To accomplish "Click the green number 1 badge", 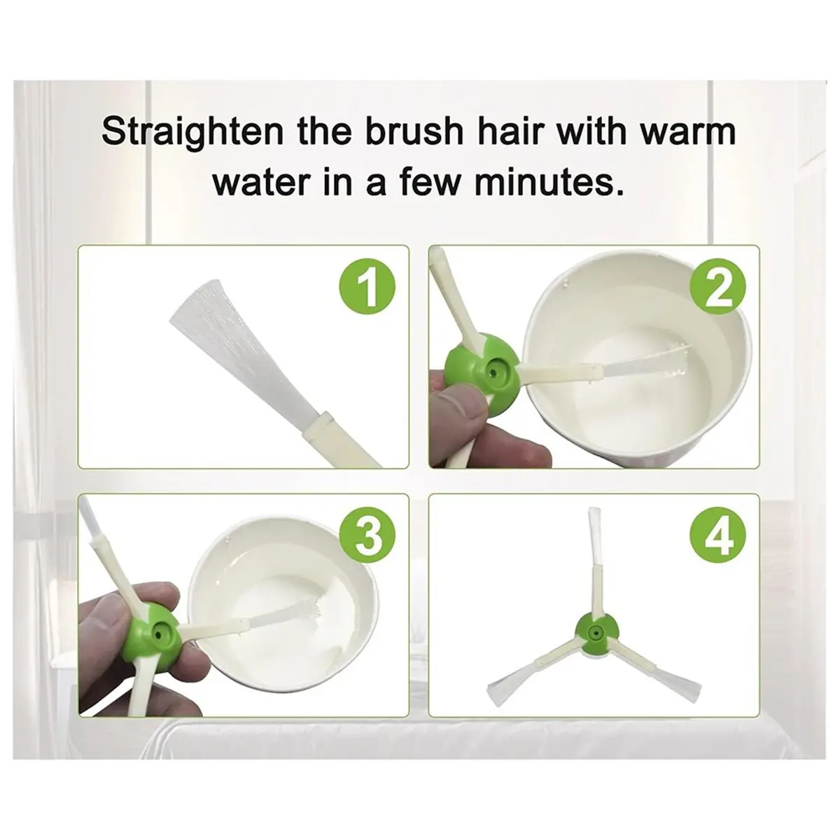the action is [x=367, y=288].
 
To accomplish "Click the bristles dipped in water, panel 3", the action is [x=283, y=608].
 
